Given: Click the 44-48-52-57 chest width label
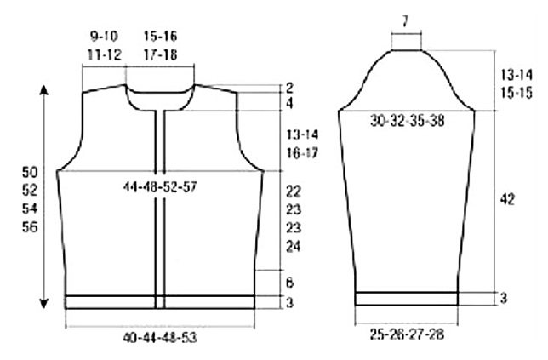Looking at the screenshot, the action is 160,187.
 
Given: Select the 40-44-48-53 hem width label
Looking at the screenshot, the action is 160,338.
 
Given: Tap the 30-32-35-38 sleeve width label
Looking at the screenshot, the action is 407,121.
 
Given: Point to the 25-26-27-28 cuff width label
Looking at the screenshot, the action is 407,334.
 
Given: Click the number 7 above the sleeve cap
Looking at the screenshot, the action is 405,21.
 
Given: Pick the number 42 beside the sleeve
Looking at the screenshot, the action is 507,199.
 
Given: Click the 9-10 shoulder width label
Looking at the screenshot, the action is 104,36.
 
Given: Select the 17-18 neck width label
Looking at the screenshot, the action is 161,54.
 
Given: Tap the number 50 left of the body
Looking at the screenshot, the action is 30,172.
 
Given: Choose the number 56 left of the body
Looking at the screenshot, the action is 30,227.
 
